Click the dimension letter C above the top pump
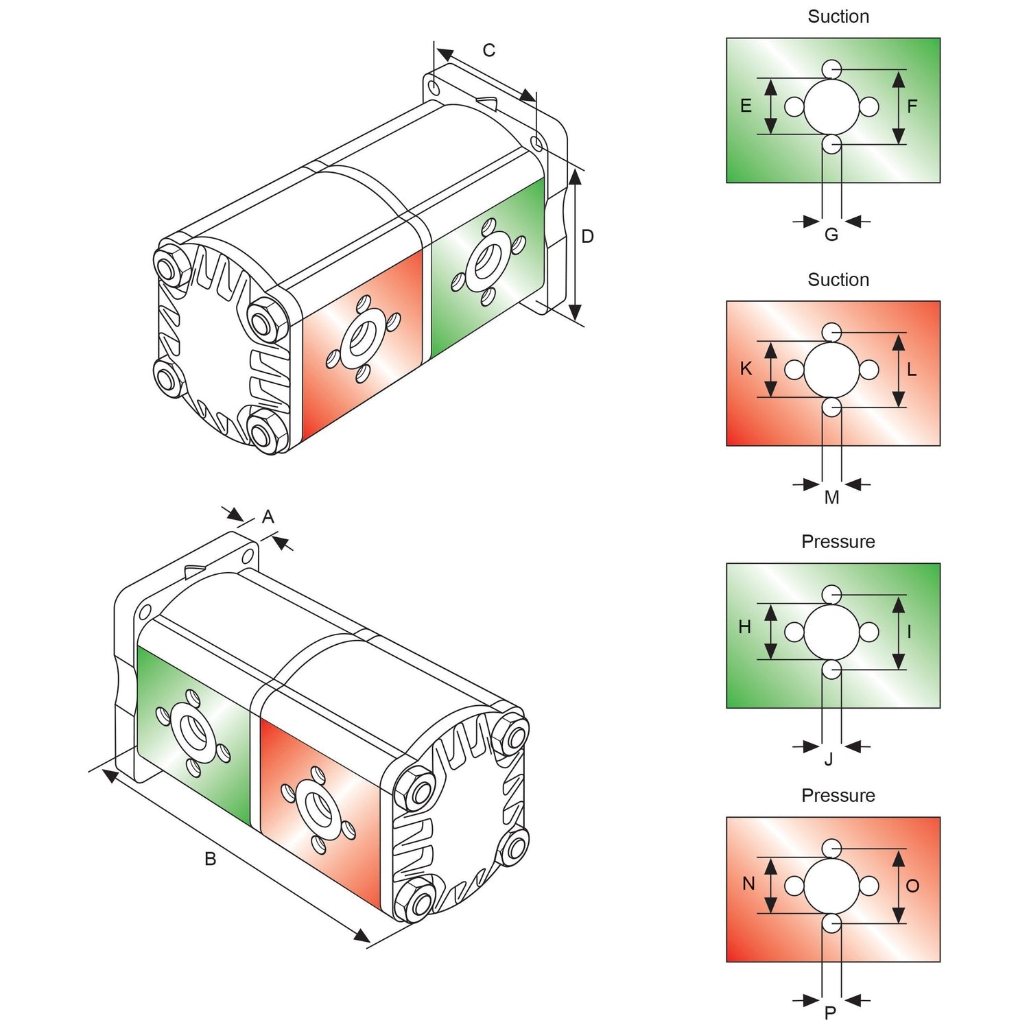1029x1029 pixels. click(488, 51)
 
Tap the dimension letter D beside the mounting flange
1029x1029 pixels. click(587, 237)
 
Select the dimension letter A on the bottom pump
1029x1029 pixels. click(268, 517)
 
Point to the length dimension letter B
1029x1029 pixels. click(211, 859)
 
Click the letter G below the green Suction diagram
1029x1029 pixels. click(831, 235)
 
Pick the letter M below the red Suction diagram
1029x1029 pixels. click(831, 498)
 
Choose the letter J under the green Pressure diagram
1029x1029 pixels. click(829, 759)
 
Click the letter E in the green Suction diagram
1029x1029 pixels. click(746, 106)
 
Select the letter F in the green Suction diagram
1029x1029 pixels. click(912, 107)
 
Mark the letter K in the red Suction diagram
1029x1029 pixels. click(746, 369)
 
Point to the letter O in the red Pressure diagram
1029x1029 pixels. click(912, 886)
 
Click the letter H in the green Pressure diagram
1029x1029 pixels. click(745, 627)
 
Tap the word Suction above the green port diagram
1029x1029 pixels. click(838, 16)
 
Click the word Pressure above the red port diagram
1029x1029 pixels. click(838, 796)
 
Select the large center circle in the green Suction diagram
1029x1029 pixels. click(831, 107)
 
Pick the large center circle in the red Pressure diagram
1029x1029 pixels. click(831, 886)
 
